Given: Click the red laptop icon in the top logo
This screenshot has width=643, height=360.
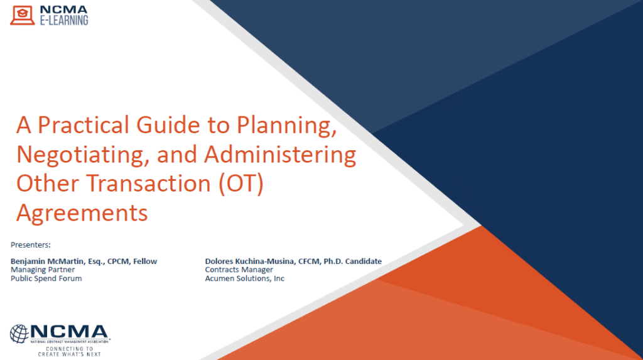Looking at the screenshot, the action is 23,15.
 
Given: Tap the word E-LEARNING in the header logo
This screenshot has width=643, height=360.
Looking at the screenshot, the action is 64,20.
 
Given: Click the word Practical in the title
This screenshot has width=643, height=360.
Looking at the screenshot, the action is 84,125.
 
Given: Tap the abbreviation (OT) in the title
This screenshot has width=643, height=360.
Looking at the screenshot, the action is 241,183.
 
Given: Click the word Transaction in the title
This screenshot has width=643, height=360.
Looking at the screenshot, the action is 148,183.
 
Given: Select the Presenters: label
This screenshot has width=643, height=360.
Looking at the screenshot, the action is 31,244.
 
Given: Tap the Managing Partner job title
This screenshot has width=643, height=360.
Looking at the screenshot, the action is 43,270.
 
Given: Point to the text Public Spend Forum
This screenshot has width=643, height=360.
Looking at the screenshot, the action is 46,278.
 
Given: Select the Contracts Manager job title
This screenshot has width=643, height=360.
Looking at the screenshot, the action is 239,270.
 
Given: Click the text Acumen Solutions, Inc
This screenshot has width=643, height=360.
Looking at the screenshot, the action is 245,278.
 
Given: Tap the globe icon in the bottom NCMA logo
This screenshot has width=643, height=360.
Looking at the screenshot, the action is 19,334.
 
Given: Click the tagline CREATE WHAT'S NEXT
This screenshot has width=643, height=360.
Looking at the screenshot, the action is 69,354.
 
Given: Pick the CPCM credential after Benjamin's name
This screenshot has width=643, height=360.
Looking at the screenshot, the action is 119,261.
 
